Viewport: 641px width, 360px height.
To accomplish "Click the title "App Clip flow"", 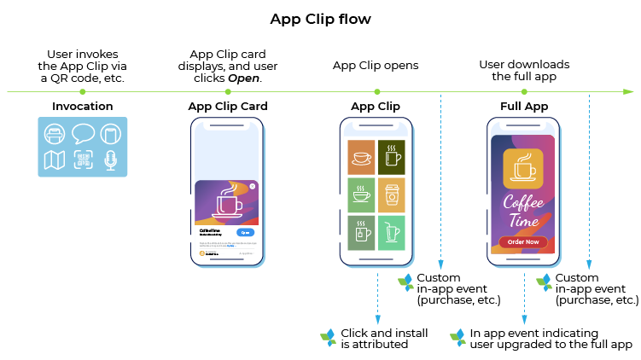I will point(320,19).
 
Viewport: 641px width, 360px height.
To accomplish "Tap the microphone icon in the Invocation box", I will point(110,160).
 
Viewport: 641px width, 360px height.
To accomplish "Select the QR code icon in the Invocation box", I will point(83,160).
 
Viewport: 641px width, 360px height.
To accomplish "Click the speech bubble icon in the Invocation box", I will point(83,134).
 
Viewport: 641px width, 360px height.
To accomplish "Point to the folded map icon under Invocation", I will point(55,160).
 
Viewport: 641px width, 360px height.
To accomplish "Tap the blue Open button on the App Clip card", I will point(246,232).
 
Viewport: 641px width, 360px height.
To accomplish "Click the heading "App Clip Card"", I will point(227,107).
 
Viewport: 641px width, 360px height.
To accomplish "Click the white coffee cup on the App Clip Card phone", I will point(228,202).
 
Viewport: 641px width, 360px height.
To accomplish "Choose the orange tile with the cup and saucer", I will point(361,157).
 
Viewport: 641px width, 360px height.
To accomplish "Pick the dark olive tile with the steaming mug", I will point(392,157).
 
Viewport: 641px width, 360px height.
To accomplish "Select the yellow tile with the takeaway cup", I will point(392,195).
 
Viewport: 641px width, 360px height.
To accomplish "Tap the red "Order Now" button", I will point(523,241).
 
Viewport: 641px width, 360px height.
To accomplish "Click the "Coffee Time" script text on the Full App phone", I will point(523,211).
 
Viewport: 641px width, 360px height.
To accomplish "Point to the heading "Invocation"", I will point(82,107).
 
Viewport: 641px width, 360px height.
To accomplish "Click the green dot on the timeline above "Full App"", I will point(523,91).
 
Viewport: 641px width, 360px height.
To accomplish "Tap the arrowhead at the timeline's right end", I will point(629,91).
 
